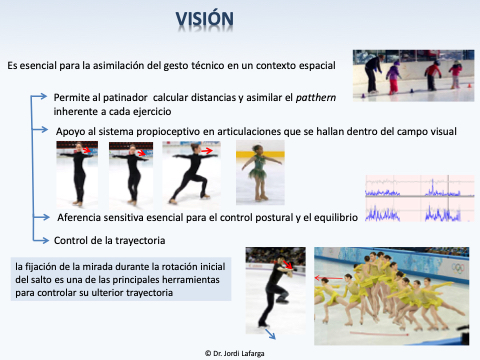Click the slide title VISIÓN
pyautogui.click(x=205, y=19)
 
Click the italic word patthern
pyautogui.click(x=316, y=98)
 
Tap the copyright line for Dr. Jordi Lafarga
pyautogui.click(x=235, y=353)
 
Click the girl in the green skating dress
pyautogui.click(x=260, y=172)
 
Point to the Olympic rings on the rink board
pyautogui.click(x=458, y=268)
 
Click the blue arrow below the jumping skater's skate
pyautogui.click(x=270, y=334)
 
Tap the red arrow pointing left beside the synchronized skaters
pyautogui.click(x=329, y=278)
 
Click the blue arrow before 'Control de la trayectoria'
pyautogui.click(x=41, y=240)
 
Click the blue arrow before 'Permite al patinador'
pyautogui.click(x=39, y=97)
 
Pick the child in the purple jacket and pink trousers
pyautogui.click(x=394, y=77)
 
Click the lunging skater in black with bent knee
pyautogui.click(x=191, y=173)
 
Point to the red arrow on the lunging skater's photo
pyautogui.click(x=207, y=151)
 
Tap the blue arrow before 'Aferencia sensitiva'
pyautogui.click(x=41, y=217)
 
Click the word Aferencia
pyautogui.click(x=79, y=218)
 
